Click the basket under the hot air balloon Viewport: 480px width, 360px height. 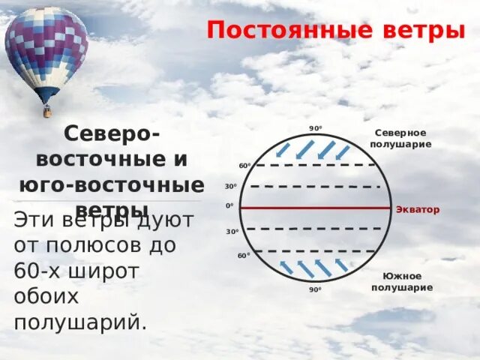[48, 112]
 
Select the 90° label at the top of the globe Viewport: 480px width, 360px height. [315, 128]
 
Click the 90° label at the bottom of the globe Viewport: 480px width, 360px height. [315, 289]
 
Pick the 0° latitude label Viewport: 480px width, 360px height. [229, 205]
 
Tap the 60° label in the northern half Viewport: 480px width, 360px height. [244, 166]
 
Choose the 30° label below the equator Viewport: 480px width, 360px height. [232, 232]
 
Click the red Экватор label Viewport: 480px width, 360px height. [418, 210]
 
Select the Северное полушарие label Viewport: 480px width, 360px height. [400, 138]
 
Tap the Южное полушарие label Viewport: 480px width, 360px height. [402, 282]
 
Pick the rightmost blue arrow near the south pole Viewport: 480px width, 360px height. [342, 265]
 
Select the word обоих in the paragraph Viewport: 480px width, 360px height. [46, 296]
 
